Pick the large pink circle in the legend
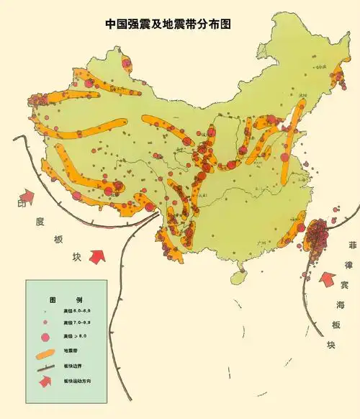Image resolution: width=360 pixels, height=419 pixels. click(45, 336)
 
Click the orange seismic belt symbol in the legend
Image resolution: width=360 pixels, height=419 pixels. click(45, 352)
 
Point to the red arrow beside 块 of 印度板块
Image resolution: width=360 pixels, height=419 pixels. click(98, 255)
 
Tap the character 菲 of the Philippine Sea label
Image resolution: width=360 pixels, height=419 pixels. click(352, 245)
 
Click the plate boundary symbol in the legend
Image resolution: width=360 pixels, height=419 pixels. click(45, 366)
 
